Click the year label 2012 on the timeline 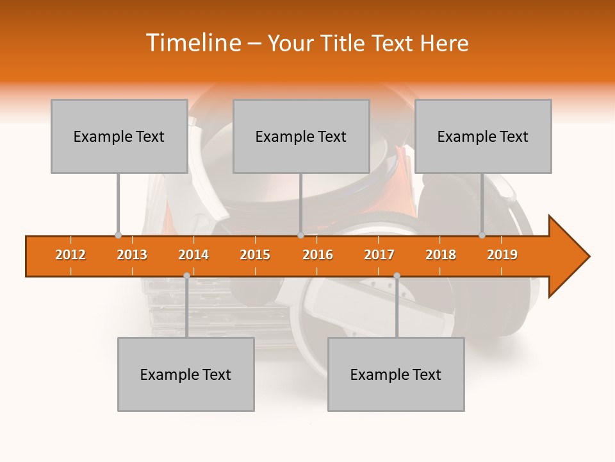[x=70, y=255]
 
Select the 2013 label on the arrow [x=132, y=255]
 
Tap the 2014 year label [x=193, y=255]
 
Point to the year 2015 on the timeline [x=255, y=255]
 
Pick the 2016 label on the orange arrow [x=318, y=255]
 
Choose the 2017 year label [x=379, y=255]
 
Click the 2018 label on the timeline [x=441, y=255]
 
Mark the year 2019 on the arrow [x=502, y=255]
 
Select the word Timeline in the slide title [x=192, y=43]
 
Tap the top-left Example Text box [x=119, y=136]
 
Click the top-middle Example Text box [x=301, y=136]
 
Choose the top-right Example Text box [x=483, y=136]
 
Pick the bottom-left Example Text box [x=186, y=374]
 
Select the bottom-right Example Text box [x=396, y=374]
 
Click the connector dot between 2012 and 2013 [x=118, y=235]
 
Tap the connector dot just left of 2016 [x=300, y=235]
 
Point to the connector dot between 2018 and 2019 [x=482, y=235]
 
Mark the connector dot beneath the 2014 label [x=186, y=275]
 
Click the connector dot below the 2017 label [x=397, y=275]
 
